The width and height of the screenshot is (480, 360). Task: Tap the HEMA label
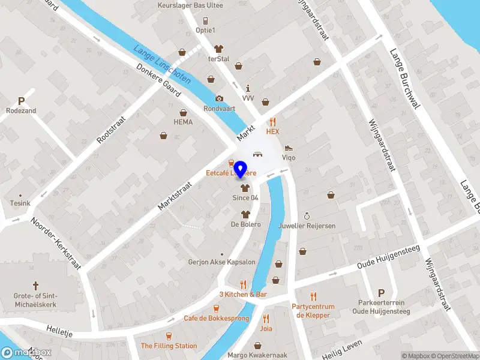(x=183, y=122)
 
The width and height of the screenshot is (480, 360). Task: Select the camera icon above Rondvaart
(x=219, y=99)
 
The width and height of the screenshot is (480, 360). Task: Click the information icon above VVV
(x=248, y=88)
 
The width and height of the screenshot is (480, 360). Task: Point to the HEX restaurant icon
(x=273, y=121)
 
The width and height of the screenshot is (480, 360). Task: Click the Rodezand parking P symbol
(x=21, y=101)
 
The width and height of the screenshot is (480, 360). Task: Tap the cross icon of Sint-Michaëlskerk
(x=35, y=286)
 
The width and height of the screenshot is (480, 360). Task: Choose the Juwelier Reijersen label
(x=307, y=226)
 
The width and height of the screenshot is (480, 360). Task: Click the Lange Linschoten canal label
(x=163, y=65)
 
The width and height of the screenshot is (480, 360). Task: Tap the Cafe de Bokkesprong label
(x=216, y=318)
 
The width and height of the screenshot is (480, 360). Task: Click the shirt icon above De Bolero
(x=245, y=214)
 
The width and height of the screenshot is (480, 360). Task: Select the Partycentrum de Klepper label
(x=312, y=311)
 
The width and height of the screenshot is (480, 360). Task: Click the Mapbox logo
(x=26, y=353)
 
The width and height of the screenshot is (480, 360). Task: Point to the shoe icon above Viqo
(x=289, y=148)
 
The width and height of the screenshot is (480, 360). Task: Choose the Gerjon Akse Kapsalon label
(x=222, y=262)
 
